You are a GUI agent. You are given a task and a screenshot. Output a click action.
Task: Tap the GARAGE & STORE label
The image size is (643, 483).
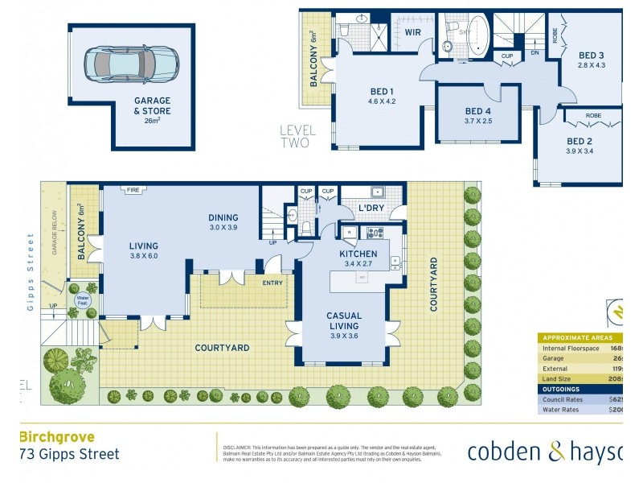[152, 106]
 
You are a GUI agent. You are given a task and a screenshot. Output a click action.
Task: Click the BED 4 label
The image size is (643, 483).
[477, 111]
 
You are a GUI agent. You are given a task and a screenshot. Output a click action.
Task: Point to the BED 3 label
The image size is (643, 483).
[591, 56]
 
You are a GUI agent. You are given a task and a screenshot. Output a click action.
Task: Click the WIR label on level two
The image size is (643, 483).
[413, 32]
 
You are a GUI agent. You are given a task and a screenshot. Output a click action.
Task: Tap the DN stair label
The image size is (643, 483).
[535, 53]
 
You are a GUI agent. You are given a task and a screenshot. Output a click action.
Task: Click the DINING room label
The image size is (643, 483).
[223, 217]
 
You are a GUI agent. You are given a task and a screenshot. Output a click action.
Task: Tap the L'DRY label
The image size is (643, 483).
[371, 208]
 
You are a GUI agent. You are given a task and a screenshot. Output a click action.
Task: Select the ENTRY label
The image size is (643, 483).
[272, 283]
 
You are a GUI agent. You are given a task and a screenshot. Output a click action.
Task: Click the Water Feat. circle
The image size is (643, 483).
[82, 300]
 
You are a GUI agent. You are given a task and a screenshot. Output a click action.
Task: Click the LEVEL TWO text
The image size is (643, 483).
[298, 136]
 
